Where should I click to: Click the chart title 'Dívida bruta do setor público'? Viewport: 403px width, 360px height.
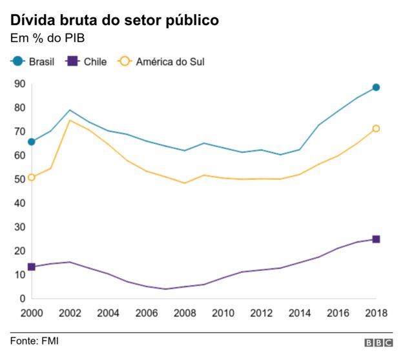[x=115, y=20]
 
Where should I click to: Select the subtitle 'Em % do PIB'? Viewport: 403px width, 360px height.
[x=47, y=40]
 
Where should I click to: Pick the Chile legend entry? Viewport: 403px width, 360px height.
[x=87, y=61]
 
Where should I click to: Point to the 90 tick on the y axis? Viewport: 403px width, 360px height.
[x=19, y=83]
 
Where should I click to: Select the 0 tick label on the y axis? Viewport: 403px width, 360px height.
[x=22, y=298]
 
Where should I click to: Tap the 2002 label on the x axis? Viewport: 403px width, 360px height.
[x=69, y=314]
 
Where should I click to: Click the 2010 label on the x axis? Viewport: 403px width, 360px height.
[x=223, y=314]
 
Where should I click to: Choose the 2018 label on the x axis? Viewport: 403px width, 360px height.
[x=375, y=314]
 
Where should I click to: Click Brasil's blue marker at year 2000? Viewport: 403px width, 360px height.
[x=31, y=142]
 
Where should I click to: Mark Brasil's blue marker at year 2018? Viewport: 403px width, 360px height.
[x=376, y=87]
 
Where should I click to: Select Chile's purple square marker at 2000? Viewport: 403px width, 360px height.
[x=31, y=266]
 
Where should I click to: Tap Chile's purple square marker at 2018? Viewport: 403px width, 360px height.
[x=376, y=239]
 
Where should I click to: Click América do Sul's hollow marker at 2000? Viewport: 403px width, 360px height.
[x=31, y=177]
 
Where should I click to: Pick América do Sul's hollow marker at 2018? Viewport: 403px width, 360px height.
[x=376, y=128]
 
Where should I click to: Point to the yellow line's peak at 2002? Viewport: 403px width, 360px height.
[x=69, y=121]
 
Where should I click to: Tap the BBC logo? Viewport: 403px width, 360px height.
[x=378, y=343]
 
